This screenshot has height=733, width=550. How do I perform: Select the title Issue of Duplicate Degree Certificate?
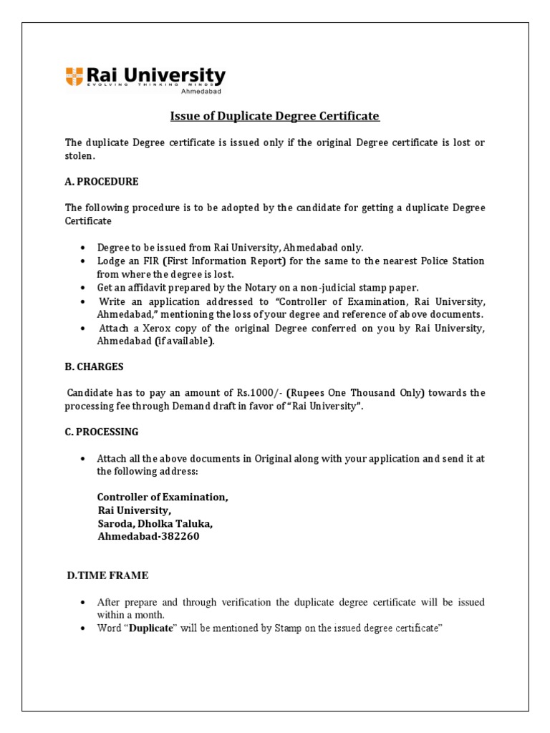click(274, 116)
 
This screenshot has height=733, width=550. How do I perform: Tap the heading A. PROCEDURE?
click(102, 181)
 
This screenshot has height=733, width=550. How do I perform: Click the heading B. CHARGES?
click(95, 366)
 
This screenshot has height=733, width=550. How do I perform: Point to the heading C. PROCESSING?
click(102, 432)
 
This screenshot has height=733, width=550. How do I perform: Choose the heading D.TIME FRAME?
click(107, 575)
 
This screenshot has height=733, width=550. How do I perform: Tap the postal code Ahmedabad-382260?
click(148, 536)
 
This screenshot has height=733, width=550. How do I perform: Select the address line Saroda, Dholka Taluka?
click(155, 523)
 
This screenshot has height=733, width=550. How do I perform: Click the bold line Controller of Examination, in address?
click(163, 497)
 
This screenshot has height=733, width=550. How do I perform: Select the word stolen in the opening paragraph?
click(78, 155)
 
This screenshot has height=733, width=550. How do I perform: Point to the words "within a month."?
click(131, 615)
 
